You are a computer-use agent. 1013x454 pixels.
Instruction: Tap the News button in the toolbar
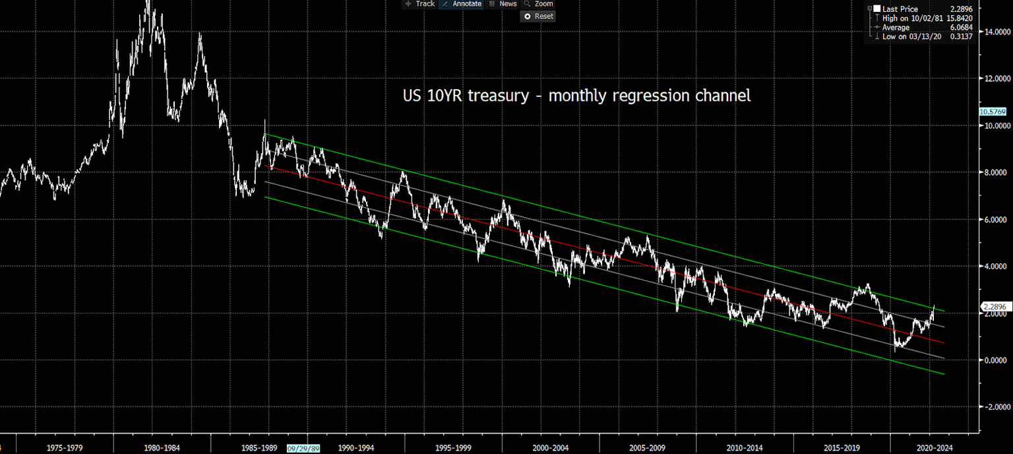point(503,4)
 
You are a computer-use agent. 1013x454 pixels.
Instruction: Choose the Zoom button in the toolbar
point(539,4)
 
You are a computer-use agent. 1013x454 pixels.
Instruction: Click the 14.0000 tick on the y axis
point(995,32)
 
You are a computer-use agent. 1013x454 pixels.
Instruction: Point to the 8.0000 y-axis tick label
point(995,173)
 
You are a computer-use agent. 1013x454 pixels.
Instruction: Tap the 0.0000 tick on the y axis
point(995,360)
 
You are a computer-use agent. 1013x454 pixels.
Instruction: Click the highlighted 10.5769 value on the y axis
point(993,112)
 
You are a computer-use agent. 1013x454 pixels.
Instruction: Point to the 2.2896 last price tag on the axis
point(993,307)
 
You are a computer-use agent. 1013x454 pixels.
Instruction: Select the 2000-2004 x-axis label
point(551,448)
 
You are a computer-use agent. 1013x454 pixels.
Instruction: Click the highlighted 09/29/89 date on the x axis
point(303,448)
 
